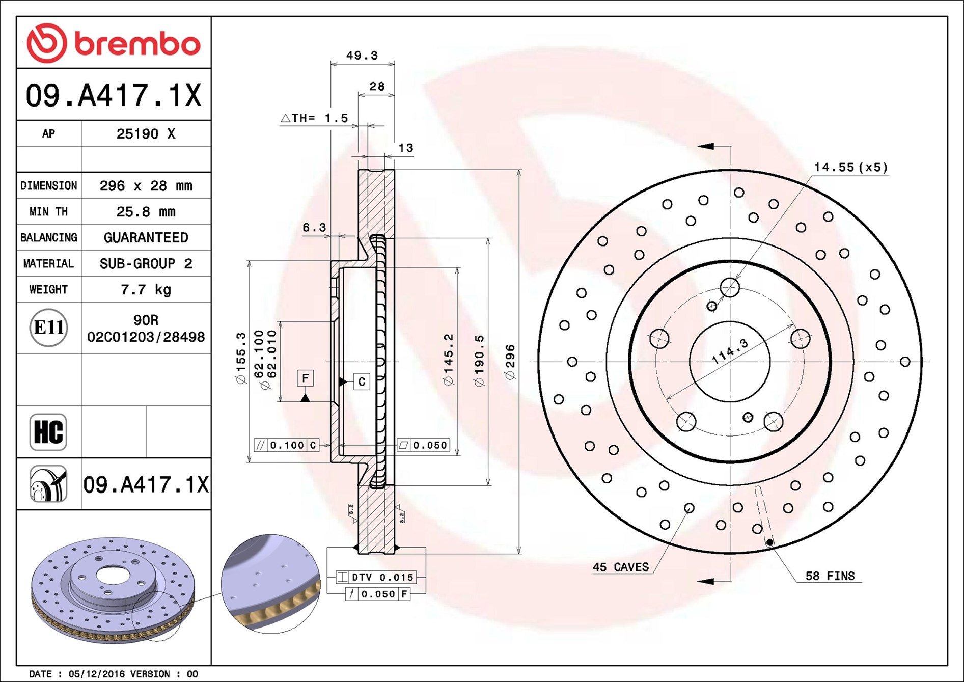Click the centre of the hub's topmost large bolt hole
[x=730, y=287]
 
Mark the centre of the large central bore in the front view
[x=730, y=362]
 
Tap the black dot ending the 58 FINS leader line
[x=770, y=542]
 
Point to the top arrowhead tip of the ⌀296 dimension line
[x=519, y=170]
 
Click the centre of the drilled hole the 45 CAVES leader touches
[x=689, y=508]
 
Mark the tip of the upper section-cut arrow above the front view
[x=698, y=147]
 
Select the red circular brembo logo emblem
[x=46, y=43]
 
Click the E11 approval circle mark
[x=48, y=328]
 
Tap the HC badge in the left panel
[x=48, y=432]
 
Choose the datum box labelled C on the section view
[x=362, y=381]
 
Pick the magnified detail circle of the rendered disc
[x=270, y=584]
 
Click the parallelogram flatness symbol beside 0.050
[x=404, y=445]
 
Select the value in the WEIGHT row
[x=146, y=290]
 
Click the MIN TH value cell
[x=146, y=212]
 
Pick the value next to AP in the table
[x=146, y=133]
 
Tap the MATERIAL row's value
[x=146, y=264]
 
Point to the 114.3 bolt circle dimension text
[x=730, y=351]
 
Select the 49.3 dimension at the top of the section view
[x=362, y=55]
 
